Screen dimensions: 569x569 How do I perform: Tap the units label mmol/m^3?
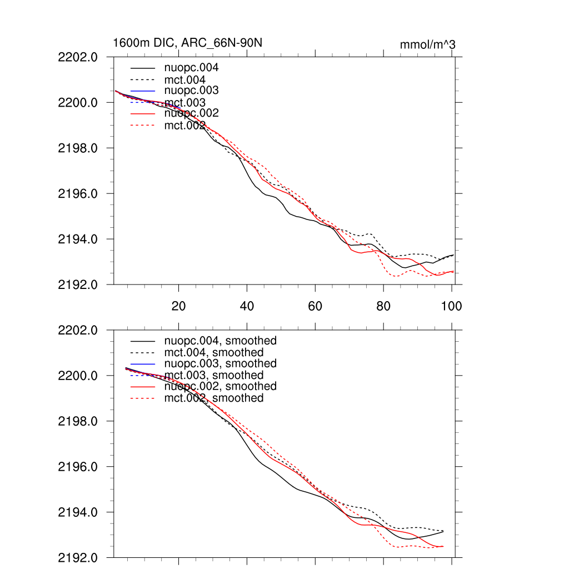click(x=427, y=44)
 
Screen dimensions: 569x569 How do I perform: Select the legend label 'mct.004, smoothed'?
click(x=214, y=352)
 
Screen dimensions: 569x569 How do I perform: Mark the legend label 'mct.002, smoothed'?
click(x=214, y=398)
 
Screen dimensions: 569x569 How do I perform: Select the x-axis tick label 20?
click(x=178, y=306)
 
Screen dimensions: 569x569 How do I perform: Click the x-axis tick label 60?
click(x=315, y=306)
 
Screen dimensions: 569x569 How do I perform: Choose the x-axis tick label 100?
click(x=451, y=306)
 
